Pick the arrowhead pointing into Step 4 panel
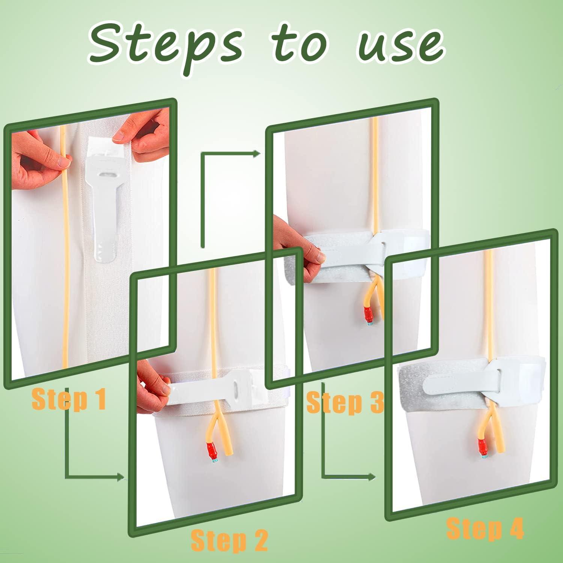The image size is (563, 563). click(x=371, y=477)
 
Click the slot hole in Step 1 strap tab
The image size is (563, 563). click(x=108, y=175)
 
